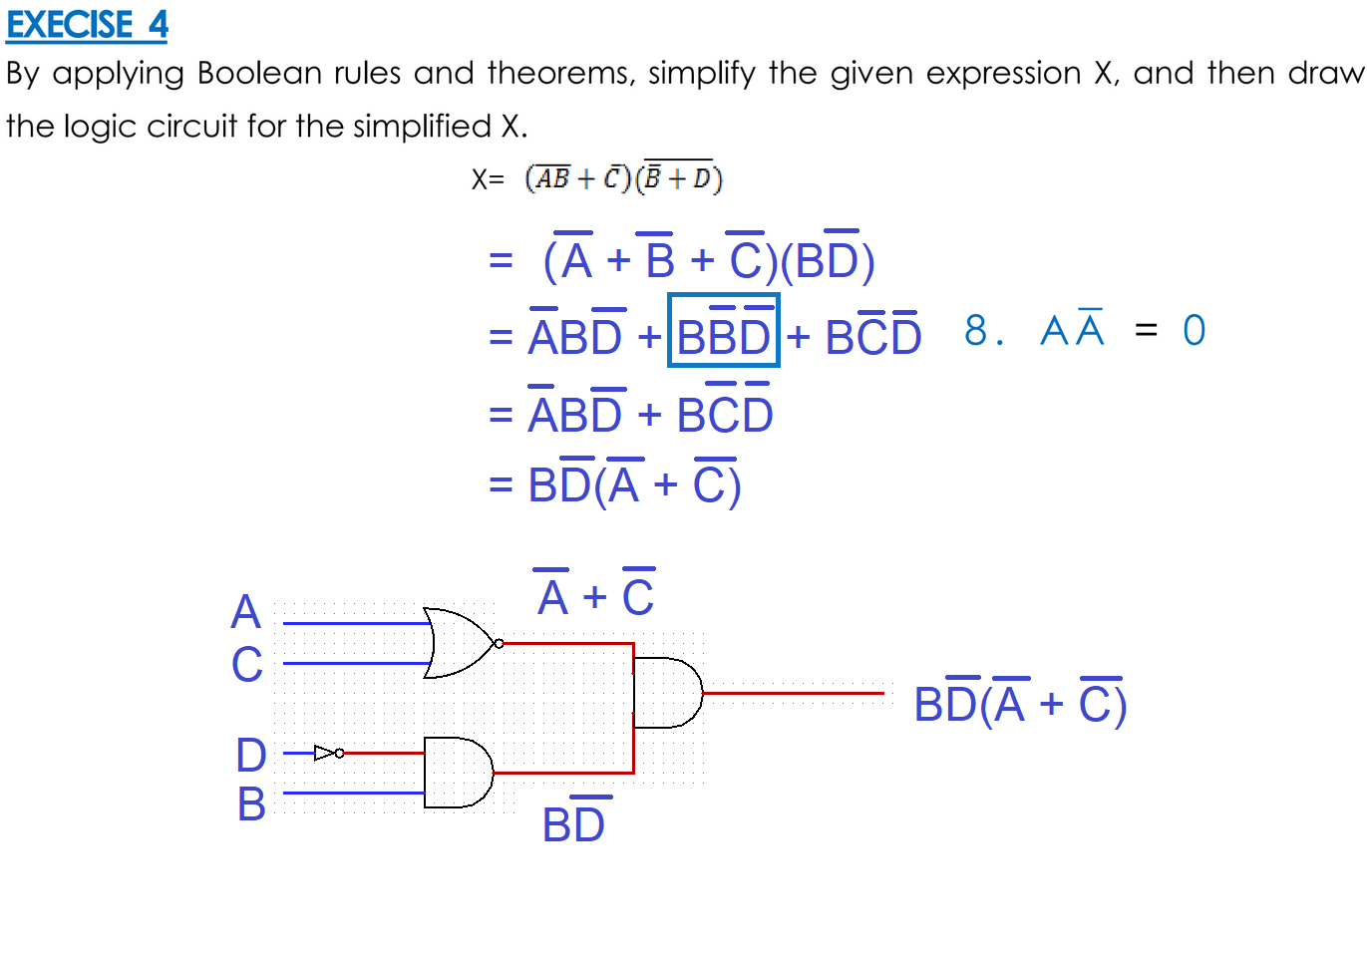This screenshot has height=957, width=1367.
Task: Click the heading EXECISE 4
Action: tap(87, 25)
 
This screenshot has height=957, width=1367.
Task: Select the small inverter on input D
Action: tap(325, 753)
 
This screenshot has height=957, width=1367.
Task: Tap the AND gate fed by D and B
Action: tap(457, 773)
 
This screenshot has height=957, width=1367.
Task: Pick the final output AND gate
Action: tap(667, 693)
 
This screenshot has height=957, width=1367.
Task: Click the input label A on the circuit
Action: tap(245, 612)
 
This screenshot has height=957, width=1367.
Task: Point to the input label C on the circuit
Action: tap(247, 665)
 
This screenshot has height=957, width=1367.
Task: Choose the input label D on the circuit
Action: tap(251, 756)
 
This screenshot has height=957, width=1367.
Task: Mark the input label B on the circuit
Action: tap(251, 804)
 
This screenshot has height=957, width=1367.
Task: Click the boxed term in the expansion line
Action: tap(723, 331)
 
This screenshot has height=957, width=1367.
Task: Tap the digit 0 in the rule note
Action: tap(1194, 331)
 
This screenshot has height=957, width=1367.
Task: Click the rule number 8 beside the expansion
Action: tap(975, 331)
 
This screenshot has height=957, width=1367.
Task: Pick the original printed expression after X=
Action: tap(623, 177)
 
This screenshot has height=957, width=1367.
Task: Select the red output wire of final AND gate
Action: tap(793, 693)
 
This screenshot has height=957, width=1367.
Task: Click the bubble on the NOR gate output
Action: tap(499, 643)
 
